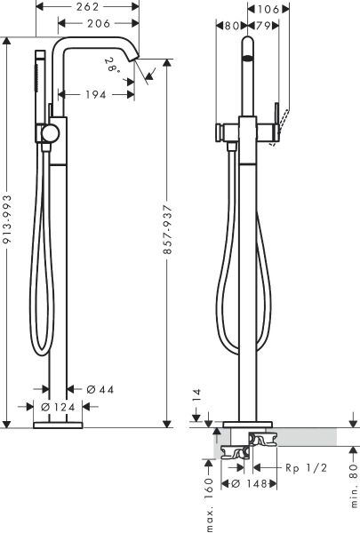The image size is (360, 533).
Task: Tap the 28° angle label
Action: point(112,63)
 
